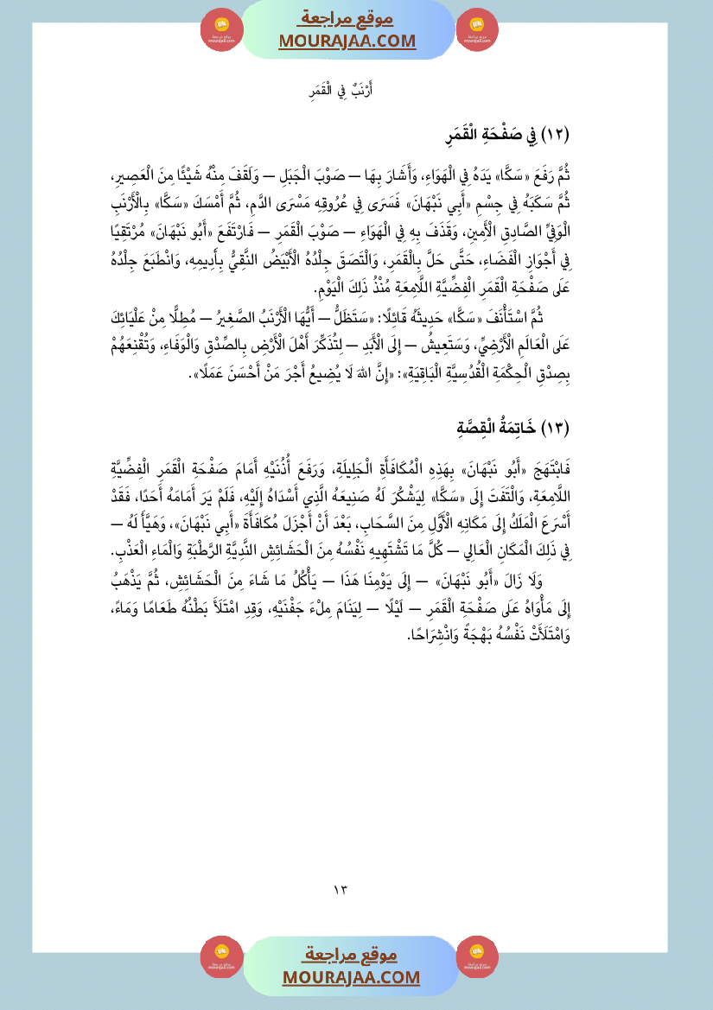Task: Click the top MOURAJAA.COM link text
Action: (347, 41)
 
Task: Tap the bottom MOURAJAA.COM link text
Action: (351, 977)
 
